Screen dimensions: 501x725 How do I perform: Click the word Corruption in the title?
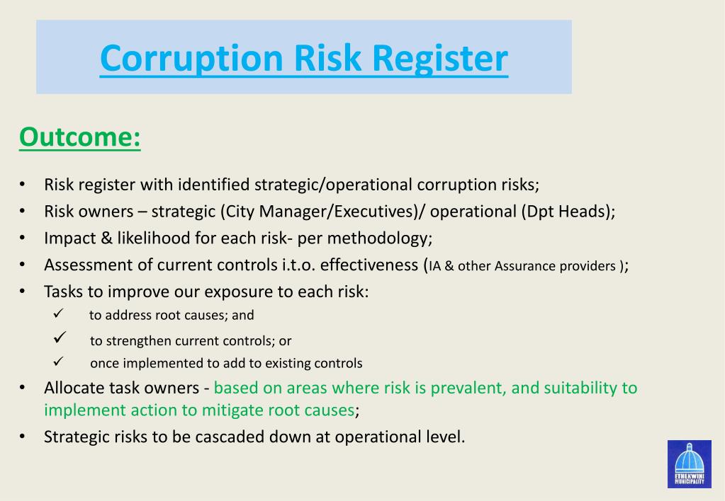[x=191, y=58]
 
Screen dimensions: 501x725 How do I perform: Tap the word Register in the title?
[x=441, y=58]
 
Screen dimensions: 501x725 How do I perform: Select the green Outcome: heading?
[x=80, y=137]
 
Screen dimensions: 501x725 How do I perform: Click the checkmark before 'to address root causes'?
[x=60, y=314]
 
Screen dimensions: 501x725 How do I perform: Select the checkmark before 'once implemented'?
[x=60, y=362]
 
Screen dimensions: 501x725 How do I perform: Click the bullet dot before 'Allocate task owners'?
[x=23, y=388]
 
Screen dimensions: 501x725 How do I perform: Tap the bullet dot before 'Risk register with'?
[x=23, y=185]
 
